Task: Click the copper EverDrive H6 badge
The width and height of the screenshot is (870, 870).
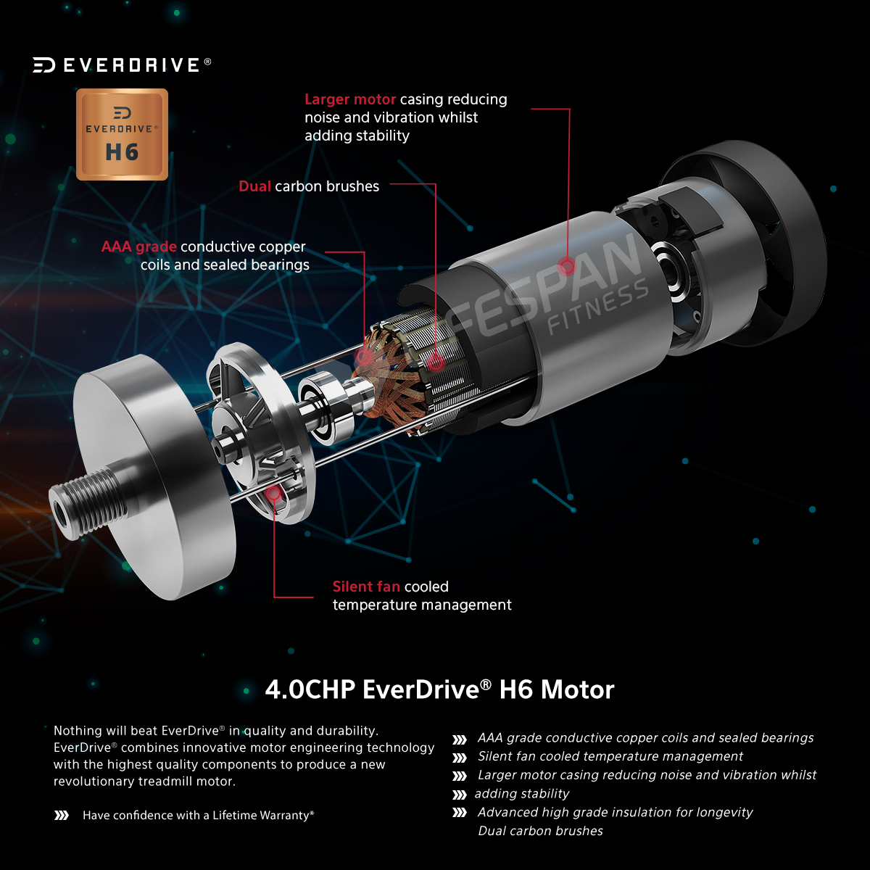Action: pyautogui.click(x=122, y=135)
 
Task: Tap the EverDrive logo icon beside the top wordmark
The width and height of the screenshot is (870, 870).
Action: pyautogui.click(x=43, y=65)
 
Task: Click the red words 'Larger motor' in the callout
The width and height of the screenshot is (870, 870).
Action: pyautogui.click(x=350, y=99)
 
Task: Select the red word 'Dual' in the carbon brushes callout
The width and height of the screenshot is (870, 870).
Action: pyautogui.click(x=254, y=186)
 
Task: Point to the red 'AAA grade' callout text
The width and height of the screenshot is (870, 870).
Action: pyautogui.click(x=138, y=247)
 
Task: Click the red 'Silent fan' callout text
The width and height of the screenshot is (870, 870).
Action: pyautogui.click(x=366, y=587)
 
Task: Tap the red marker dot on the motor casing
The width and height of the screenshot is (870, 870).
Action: pyautogui.click(x=567, y=266)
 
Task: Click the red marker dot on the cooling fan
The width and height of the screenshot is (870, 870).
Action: pyautogui.click(x=273, y=493)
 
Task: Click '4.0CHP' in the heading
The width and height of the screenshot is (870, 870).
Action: pyautogui.click(x=310, y=689)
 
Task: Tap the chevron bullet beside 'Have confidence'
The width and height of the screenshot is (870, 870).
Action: pyautogui.click(x=62, y=816)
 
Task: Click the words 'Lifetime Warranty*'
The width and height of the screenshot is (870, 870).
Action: pyautogui.click(x=263, y=815)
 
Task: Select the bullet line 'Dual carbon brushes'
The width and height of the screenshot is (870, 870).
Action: pyautogui.click(x=540, y=831)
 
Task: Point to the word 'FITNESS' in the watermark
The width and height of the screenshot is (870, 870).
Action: pyautogui.click(x=598, y=307)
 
